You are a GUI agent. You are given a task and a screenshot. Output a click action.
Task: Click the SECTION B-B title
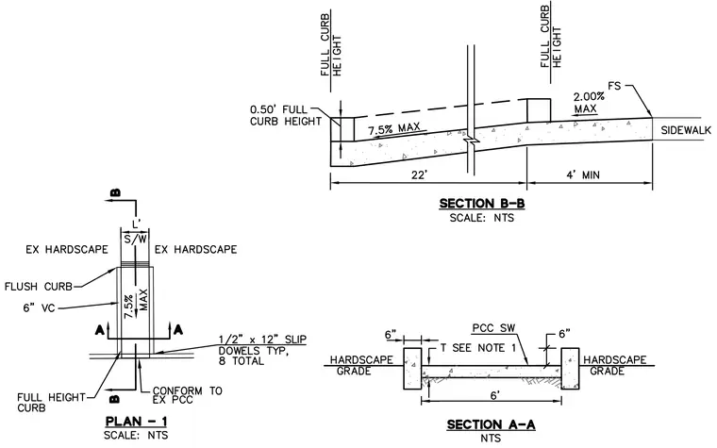pyautogui.click(x=482, y=204)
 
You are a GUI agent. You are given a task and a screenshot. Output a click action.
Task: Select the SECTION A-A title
pyautogui.click(x=491, y=424)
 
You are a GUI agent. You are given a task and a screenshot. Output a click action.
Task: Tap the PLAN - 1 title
pyautogui.click(x=136, y=421)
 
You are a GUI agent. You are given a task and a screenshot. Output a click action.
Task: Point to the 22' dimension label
pyautogui.click(x=419, y=175)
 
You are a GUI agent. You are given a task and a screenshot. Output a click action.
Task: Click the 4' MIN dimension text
pyautogui.click(x=583, y=175)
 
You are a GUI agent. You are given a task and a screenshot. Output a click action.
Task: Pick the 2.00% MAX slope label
pyautogui.click(x=588, y=103)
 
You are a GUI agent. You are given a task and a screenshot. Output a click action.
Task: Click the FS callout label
pyautogui.click(x=614, y=86)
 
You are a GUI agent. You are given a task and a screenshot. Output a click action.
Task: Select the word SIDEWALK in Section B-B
pyautogui.click(x=686, y=130)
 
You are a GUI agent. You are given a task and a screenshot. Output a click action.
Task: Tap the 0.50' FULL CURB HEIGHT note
pyautogui.click(x=285, y=116)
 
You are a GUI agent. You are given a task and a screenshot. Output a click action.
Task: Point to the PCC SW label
pyautogui.click(x=493, y=328)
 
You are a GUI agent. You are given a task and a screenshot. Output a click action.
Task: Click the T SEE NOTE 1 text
pyautogui.click(x=478, y=348)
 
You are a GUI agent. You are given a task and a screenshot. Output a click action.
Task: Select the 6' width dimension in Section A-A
pyautogui.click(x=493, y=395)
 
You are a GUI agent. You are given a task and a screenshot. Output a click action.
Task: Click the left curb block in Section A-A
pyautogui.click(x=412, y=369)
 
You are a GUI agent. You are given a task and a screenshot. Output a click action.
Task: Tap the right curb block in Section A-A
pyautogui.click(x=570, y=369)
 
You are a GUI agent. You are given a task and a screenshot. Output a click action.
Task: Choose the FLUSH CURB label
pyautogui.click(x=39, y=287)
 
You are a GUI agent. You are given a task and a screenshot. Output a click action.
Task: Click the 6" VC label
pyautogui.click(x=39, y=308)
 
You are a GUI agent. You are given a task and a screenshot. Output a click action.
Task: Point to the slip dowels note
pyautogui.click(x=262, y=350)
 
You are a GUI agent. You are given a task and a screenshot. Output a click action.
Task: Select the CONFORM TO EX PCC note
pyautogui.click(x=187, y=395)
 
